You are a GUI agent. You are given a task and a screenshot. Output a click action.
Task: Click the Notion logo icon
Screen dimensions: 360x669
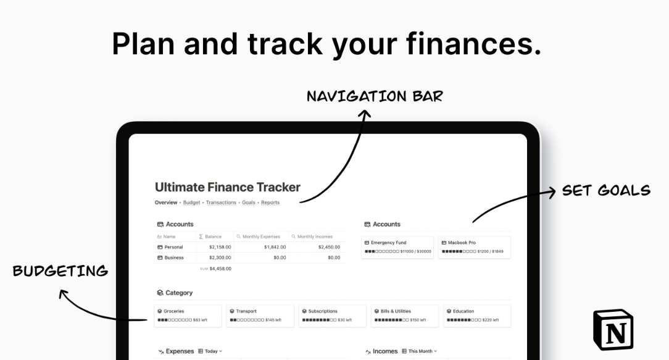(x=613, y=330)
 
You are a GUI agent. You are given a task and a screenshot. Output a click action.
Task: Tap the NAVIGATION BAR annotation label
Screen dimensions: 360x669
(x=375, y=96)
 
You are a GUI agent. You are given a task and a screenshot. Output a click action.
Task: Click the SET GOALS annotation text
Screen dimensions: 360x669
(x=606, y=190)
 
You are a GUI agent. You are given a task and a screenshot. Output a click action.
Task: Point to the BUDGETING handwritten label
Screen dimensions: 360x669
(x=60, y=270)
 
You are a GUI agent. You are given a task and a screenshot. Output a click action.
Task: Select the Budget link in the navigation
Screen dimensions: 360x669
(x=192, y=203)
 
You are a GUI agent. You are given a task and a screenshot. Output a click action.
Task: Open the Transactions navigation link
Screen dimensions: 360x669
(x=221, y=203)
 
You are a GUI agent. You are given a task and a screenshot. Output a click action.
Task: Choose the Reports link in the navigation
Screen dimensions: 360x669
(x=270, y=203)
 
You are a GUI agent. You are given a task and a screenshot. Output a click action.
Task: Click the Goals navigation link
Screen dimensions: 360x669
(x=249, y=203)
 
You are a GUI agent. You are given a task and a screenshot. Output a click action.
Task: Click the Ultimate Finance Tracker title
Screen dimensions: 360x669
(x=228, y=186)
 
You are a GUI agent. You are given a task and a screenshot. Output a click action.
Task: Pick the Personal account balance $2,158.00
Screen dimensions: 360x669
(x=220, y=247)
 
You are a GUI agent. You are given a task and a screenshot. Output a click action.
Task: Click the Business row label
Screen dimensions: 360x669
(x=173, y=257)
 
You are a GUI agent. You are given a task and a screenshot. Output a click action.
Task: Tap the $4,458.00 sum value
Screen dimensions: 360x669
(x=220, y=269)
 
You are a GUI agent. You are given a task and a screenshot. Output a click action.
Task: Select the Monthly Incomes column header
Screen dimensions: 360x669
(x=315, y=237)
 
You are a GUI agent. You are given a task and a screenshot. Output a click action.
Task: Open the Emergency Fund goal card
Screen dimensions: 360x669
(x=399, y=247)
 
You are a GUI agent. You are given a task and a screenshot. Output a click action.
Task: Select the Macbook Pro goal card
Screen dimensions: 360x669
(x=474, y=247)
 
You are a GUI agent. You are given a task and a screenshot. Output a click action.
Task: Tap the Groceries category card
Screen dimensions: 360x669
(x=188, y=316)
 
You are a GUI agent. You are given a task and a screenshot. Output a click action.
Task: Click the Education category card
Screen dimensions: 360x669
(x=476, y=316)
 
